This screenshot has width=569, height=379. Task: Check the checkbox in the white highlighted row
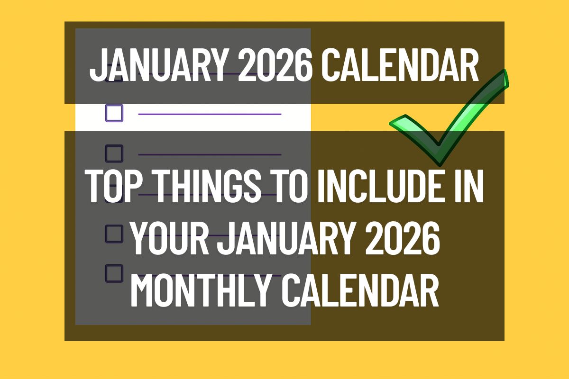point(114,114)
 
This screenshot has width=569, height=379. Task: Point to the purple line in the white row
point(210,114)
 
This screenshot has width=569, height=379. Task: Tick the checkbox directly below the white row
point(114,153)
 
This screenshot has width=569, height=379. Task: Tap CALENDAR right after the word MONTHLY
point(360,289)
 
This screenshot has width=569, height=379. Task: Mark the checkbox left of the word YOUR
point(114,234)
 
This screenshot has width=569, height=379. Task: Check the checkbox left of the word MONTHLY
point(114,273)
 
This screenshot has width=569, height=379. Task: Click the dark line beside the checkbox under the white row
point(210,154)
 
